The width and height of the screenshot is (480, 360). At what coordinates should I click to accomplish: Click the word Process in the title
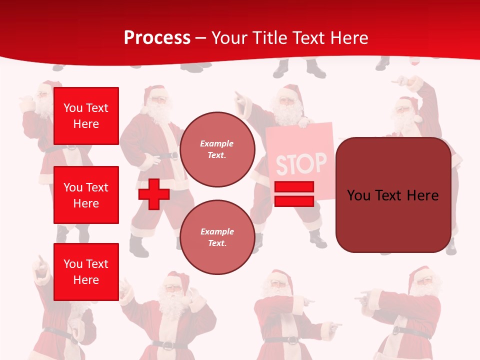pos(157,38)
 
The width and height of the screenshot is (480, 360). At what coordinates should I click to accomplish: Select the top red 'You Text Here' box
pos(86,116)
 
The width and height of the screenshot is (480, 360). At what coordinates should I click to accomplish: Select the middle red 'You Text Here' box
pos(86,195)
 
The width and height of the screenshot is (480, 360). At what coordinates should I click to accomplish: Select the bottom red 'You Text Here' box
pos(86,272)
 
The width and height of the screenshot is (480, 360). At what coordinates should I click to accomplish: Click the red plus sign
pos(154,194)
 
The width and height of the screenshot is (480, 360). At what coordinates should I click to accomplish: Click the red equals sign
pos(294,194)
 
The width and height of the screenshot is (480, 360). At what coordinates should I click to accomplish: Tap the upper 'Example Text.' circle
pos(217,149)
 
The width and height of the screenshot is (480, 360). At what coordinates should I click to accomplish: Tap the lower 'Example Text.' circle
pos(217,237)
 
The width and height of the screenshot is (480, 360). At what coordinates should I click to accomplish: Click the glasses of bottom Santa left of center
pos(171,288)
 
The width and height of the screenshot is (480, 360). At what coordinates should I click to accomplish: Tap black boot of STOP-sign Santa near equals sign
pos(317,240)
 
